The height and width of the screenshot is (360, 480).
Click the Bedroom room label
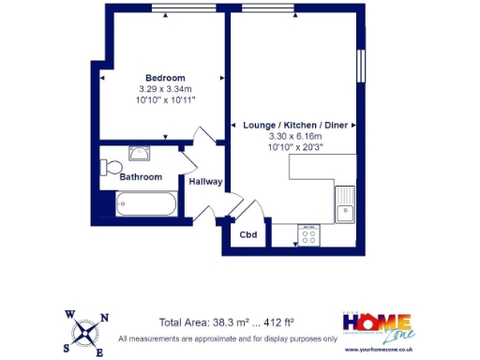pyautogui.click(x=164, y=77)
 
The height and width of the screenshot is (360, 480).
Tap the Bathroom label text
pyautogui.click(x=140, y=176)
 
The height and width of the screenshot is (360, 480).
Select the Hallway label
pyautogui.click(x=204, y=182)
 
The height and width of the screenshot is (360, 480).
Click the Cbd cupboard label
pyautogui.click(x=248, y=234)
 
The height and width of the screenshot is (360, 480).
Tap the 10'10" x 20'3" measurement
pyautogui.click(x=289, y=146)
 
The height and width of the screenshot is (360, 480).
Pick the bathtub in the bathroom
pyautogui.click(x=144, y=203)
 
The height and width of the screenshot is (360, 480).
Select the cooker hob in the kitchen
pyautogui.click(x=307, y=234)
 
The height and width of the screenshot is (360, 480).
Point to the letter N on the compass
pyautogui.click(x=104, y=319)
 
